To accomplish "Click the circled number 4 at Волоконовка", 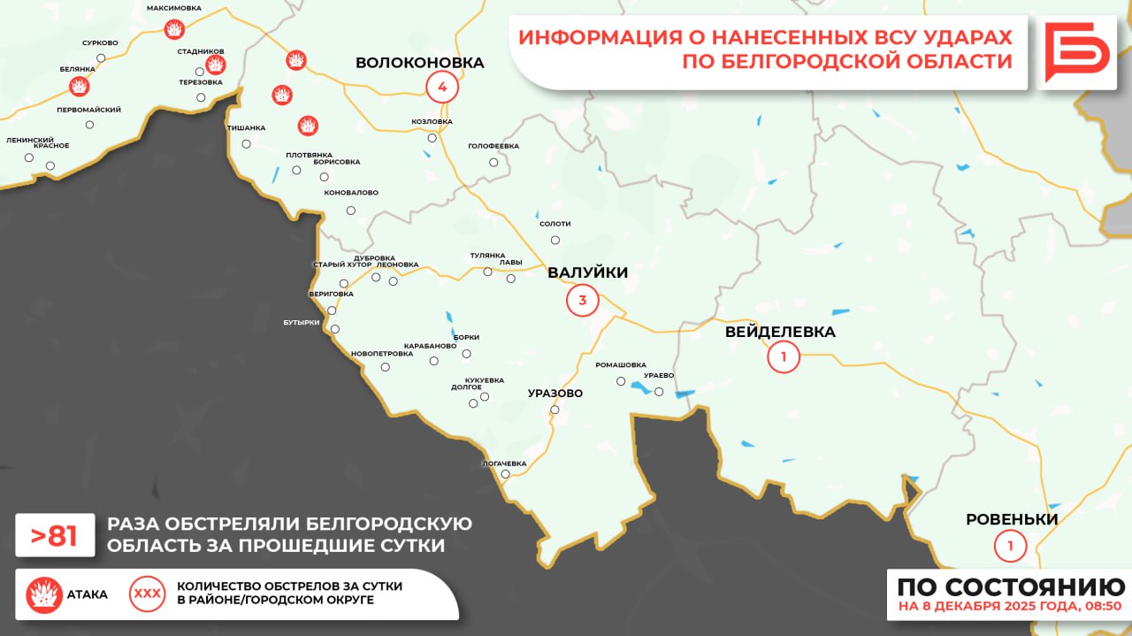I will pyautogui.click(x=442, y=87).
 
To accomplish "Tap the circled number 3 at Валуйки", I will pyautogui.click(x=582, y=301).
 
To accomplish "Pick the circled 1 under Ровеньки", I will pyautogui.click(x=1010, y=545).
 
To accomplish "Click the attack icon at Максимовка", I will pyautogui.click(x=175, y=30).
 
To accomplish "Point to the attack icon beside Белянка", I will pyautogui.click(x=80, y=86).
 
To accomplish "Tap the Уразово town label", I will pyautogui.click(x=555, y=393).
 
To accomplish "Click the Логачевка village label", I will pyautogui.click(x=504, y=464).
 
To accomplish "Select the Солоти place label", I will pyautogui.click(x=555, y=224).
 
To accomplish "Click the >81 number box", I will pyautogui.click(x=55, y=534).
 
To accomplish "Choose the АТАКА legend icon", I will pyautogui.click(x=44, y=594).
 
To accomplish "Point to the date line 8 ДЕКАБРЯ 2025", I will pyautogui.click(x=1009, y=607).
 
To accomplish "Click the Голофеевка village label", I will pyautogui.click(x=493, y=145).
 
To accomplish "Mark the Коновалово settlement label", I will pyautogui.click(x=351, y=192).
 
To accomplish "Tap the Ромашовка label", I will pyautogui.click(x=620, y=364).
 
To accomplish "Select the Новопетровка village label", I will pyautogui.click(x=382, y=353).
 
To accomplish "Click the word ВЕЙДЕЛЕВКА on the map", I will pyautogui.click(x=780, y=333).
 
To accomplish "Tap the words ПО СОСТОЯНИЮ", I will pyautogui.click(x=1011, y=586).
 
